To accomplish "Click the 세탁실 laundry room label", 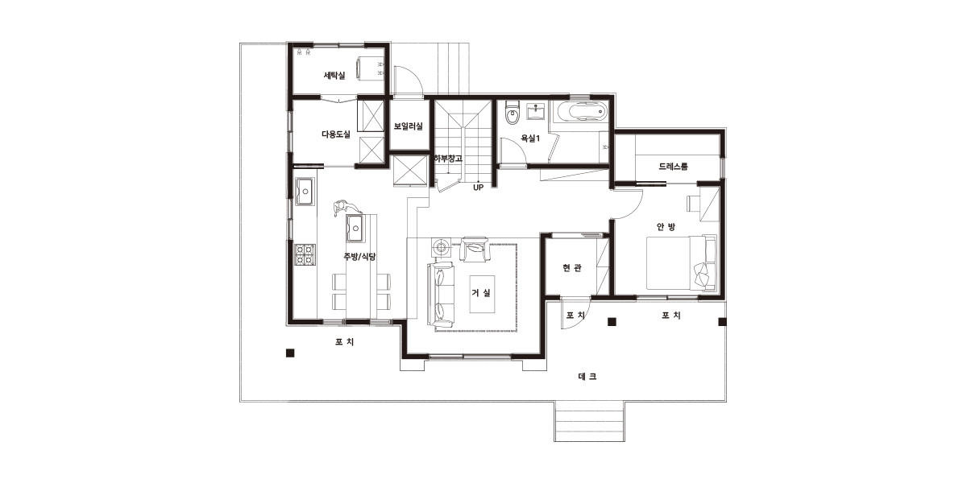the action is (334, 76).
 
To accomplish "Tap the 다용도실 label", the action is (336, 134).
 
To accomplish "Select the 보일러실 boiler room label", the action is (408, 126).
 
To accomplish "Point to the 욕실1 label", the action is (530, 138).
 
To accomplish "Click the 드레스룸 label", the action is (673, 167).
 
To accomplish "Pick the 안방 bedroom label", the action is (666, 226).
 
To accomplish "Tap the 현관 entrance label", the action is (572, 268).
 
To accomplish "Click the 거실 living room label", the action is (481, 293).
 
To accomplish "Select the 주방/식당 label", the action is (359, 257).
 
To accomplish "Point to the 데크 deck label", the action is (587, 377).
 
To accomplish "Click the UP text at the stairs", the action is (479, 188).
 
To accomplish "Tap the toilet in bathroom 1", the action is (513, 113).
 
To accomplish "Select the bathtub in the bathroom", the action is (581, 112).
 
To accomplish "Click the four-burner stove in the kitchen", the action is (305, 254).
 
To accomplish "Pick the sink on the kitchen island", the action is (355, 228).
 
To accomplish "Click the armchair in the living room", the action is (475, 249).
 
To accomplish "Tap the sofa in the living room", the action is (441, 294).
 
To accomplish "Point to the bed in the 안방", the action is (682, 262).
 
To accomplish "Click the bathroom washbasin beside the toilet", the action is (536, 111).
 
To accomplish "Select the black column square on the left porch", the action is (290, 353).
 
